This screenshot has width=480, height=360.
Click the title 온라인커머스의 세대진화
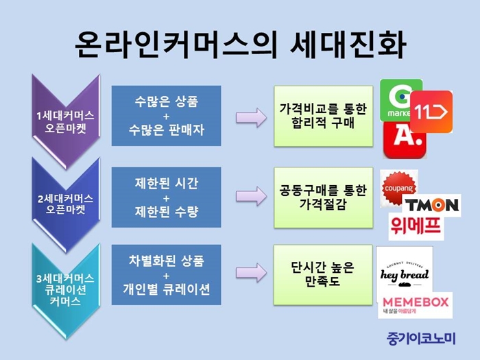coord(240,45)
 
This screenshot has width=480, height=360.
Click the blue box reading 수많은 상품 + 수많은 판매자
coord(166,116)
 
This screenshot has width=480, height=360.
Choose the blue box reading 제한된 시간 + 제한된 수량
coord(166,197)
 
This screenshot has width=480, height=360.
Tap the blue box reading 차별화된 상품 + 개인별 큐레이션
coord(166,274)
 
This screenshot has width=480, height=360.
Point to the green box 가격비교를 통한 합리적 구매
coord(323,116)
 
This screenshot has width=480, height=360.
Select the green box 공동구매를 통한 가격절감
coord(323,197)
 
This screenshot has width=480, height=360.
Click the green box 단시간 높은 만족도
coord(323,274)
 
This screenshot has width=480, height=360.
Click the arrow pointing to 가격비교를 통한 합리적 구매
coord(251,117)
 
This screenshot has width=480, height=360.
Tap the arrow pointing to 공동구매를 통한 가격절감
coord(251,196)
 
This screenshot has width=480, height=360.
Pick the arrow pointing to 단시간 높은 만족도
coord(251,273)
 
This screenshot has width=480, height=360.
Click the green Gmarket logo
coord(396,99)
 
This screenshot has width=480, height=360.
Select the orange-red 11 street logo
coord(431,112)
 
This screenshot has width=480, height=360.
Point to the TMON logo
coord(431,205)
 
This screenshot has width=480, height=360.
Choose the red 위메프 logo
coord(416,226)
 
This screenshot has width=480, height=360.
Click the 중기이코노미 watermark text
coord(421,338)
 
